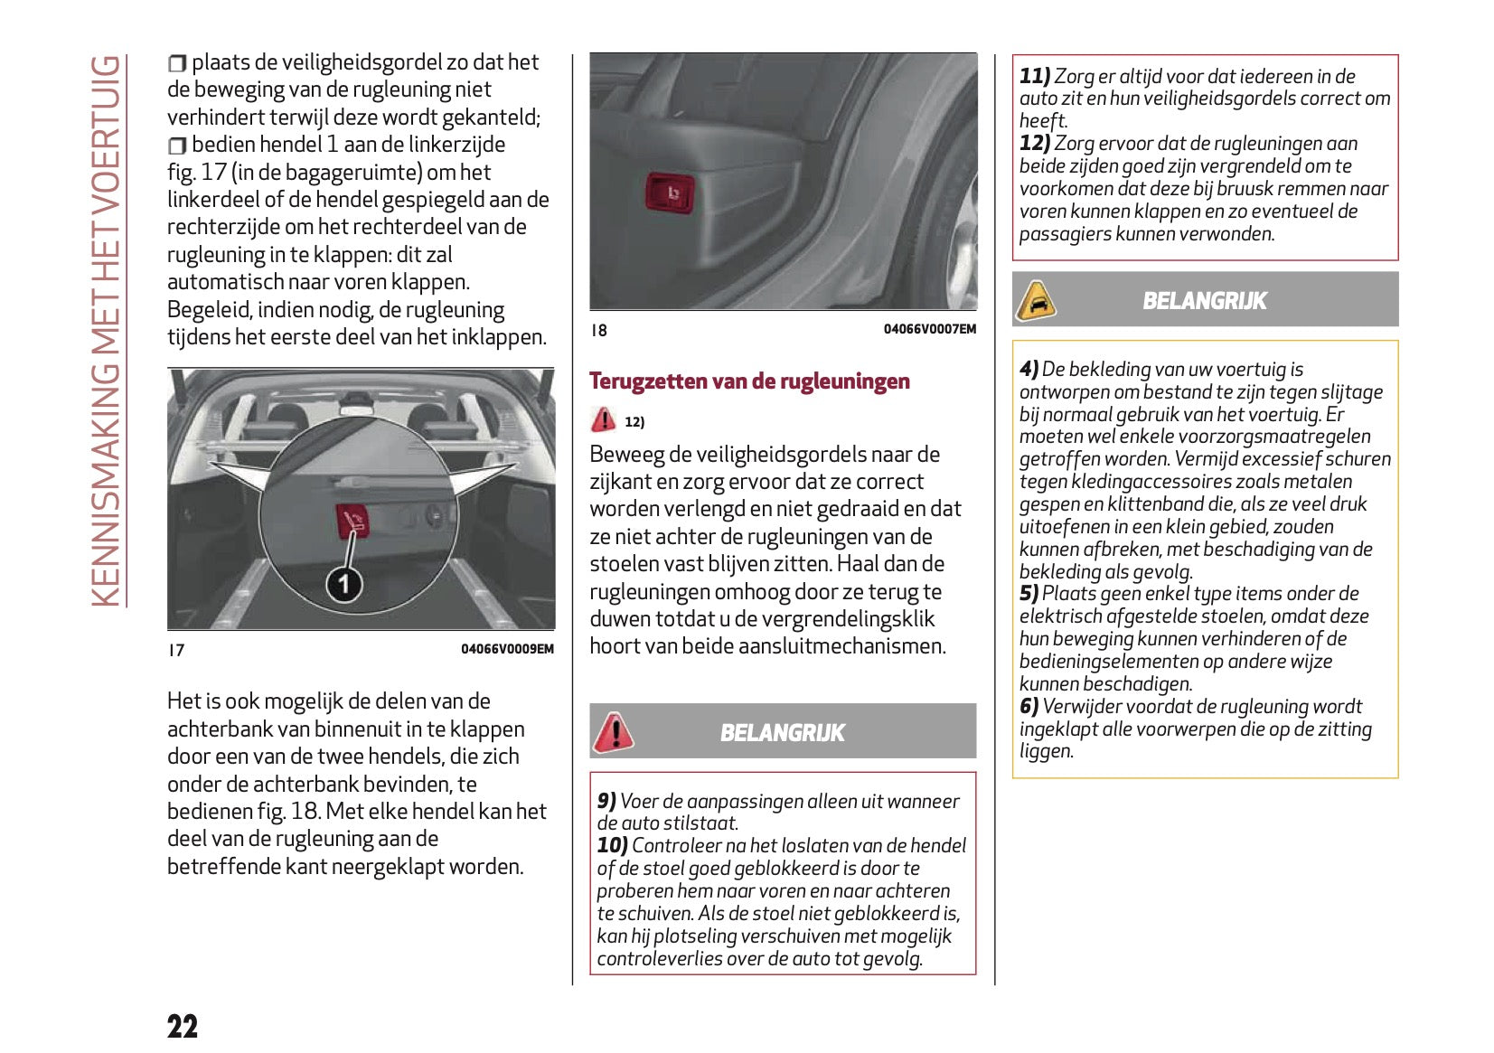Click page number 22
coord(182,1026)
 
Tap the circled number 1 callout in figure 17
coord(343,584)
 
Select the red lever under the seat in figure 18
coord(670,193)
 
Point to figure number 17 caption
coord(176,650)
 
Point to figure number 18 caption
coord(598,330)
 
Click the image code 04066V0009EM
coord(507,649)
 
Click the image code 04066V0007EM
coord(929,329)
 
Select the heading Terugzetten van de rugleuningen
coord(749,381)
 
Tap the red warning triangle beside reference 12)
coord(603,420)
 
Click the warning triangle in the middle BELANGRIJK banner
coord(613,731)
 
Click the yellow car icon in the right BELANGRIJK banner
coord(1036,301)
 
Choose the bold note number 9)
coord(606,801)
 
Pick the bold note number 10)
coord(612,845)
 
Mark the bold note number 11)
coord(1035,77)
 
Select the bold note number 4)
coord(1029,369)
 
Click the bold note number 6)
coord(1029,707)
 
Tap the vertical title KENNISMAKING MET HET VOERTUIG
coord(106,331)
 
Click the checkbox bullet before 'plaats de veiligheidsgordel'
coord(177,63)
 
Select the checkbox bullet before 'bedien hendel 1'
coord(177,146)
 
